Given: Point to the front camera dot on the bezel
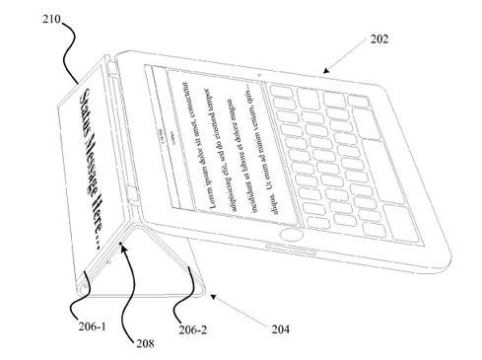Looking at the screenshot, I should [x=257, y=74].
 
